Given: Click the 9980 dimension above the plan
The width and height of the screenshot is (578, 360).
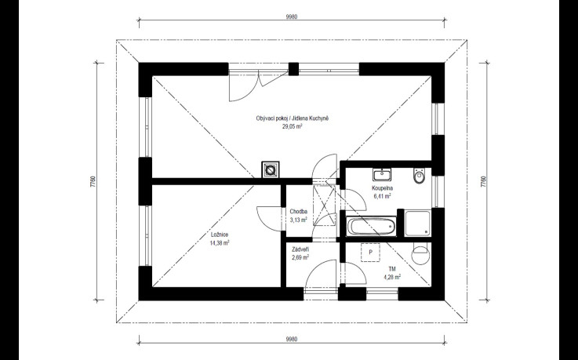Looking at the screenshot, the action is [291, 16].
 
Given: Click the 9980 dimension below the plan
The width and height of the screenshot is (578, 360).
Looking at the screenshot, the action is [291, 339].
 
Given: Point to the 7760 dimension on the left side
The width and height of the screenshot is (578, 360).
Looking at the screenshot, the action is [93, 182].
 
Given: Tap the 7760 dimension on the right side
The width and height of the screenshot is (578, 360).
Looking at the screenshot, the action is [483, 182].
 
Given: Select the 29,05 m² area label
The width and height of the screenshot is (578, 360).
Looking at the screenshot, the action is [293, 126].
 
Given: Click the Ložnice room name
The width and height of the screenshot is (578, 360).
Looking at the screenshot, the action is [220, 235].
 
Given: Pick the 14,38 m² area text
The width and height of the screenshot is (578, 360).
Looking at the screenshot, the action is [220, 243].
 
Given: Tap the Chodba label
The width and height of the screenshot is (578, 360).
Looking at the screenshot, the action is [299, 212].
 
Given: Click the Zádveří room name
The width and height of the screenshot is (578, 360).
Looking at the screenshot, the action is [300, 249].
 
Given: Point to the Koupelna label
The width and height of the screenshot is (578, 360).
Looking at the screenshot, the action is [382, 188].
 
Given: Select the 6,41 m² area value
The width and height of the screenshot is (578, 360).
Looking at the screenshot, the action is [382, 196].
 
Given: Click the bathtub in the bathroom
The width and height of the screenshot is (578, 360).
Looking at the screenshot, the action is [371, 226].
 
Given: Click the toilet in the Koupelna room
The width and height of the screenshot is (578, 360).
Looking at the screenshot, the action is [419, 176].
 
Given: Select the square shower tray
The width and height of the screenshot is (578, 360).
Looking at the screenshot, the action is [417, 224].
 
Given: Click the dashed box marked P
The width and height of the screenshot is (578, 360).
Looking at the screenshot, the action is [370, 253].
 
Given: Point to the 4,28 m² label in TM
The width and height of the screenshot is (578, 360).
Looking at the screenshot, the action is [392, 278].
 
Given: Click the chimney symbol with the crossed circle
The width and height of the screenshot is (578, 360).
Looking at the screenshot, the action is [271, 170].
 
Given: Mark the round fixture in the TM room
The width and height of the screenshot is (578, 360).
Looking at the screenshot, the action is [421, 254].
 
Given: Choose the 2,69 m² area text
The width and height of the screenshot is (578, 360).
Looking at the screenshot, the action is [300, 257].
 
